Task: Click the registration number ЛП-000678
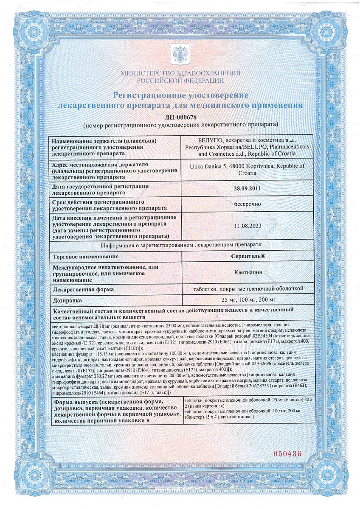click(180, 117)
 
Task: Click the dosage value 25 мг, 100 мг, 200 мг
click(247, 300)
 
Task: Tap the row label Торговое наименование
click(85, 257)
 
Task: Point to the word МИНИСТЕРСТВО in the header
click(144, 73)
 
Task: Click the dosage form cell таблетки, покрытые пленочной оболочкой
click(247, 289)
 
